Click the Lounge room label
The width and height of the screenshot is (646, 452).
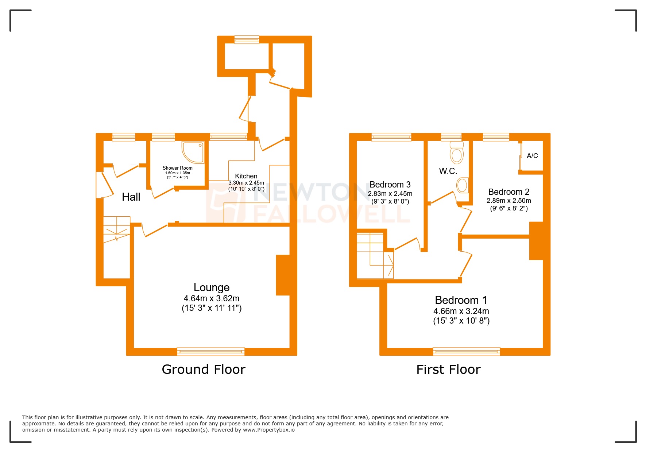[212, 287]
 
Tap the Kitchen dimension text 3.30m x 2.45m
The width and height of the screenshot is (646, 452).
[246, 183]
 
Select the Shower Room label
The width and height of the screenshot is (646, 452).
[177, 168]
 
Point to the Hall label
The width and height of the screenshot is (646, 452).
[131, 197]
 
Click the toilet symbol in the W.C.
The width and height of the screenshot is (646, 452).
[456, 153]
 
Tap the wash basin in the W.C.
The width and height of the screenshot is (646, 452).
[462, 185]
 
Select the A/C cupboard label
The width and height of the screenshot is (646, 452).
[532, 156]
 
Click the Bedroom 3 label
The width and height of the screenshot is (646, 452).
[390, 185]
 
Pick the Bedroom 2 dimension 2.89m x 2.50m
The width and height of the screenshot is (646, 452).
[508, 201]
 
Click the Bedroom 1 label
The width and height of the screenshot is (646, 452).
[461, 300]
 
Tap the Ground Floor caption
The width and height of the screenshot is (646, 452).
[204, 370]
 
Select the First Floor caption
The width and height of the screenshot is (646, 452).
[448, 370]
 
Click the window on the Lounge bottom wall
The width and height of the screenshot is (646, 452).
[211, 352]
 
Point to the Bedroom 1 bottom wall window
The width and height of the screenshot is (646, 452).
[466, 352]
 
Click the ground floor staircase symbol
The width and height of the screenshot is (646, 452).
[116, 230]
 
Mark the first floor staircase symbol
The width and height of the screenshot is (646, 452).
[375, 255]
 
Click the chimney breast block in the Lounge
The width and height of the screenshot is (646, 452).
[283, 275]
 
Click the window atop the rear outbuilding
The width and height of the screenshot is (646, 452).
[247, 39]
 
